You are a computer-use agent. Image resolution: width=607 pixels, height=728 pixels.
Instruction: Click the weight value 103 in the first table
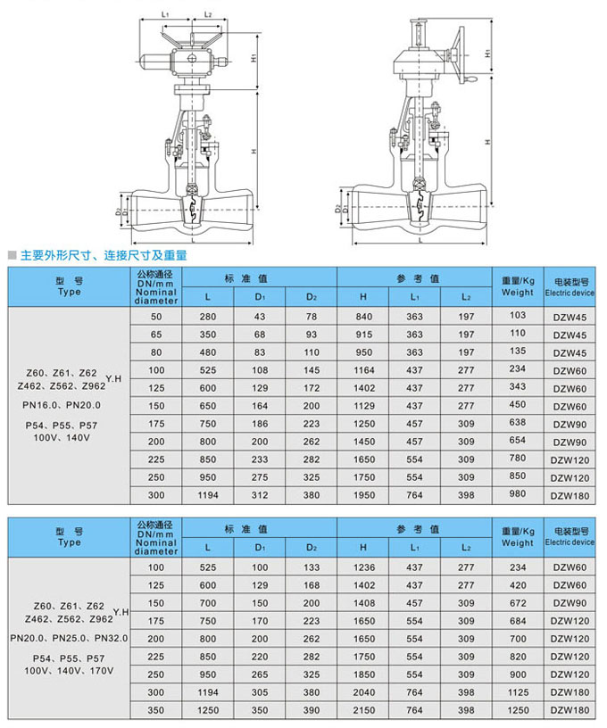click(x=518, y=317)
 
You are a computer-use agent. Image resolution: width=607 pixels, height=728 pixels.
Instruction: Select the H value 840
click(x=363, y=318)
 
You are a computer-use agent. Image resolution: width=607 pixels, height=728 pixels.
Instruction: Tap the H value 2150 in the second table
click(x=363, y=710)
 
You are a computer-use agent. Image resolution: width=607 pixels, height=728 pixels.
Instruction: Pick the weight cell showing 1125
click(x=518, y=691)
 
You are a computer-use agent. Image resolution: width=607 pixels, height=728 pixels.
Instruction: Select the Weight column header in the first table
click(x=518, y=286)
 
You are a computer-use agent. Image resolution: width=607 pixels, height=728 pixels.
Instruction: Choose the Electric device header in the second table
click(x=570, y=537)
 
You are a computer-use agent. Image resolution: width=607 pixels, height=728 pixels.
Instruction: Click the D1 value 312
click(x=260, y=495)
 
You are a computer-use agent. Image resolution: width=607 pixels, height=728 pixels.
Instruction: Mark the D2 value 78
click(x=311, y=318)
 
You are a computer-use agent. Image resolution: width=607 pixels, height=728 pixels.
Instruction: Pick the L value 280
click(x=208, y=318)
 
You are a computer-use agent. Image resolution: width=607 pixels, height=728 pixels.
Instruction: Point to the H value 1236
click(x=363, y=567)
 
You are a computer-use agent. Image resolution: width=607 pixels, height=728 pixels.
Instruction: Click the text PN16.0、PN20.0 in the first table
click(x=62, y=405)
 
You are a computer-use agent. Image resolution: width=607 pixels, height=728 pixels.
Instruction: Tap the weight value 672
click(x=518, y=603)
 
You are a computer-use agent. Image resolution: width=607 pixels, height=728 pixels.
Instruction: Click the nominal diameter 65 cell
click(x=157, y=335)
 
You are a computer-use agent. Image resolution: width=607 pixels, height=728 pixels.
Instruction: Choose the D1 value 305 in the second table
click(x=260, y=691)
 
